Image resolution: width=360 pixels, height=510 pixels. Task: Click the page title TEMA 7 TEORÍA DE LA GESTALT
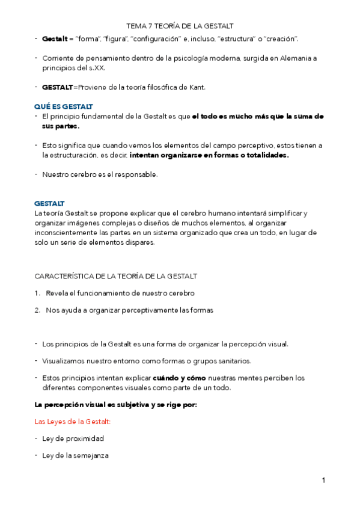tap(180, 26)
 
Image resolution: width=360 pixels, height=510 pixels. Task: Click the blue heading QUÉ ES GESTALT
tap(64, 106)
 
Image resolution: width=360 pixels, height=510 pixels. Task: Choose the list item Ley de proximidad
tap(73, 438)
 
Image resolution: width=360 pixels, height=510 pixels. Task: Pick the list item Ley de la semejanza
tap(75, 455)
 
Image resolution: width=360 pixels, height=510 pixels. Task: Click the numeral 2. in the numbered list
tap(37, 310)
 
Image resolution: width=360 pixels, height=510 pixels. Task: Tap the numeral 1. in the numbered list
tap(37, 293)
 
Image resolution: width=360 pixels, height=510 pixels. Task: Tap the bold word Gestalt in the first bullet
tap(55, 39)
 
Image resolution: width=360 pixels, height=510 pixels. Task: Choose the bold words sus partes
tap(61, 126)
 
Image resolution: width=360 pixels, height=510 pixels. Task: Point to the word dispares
tap(138, 242)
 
